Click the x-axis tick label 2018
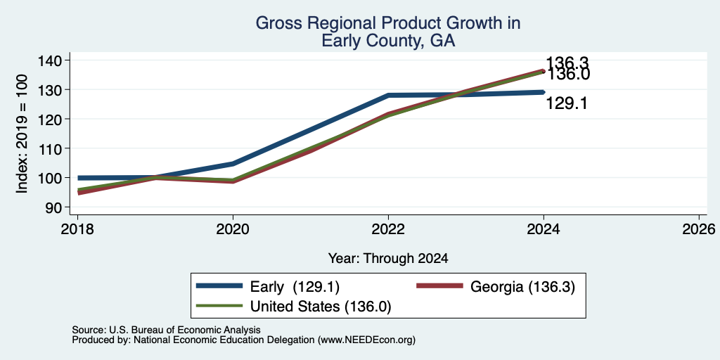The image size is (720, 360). click(77, 229)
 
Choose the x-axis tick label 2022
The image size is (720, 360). click(388, 229)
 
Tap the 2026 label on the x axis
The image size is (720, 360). click(699, 229)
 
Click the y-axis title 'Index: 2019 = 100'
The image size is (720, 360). click(22, 134)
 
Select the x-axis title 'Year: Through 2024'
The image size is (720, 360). click(388, 259)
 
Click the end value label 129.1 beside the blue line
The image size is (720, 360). click(567, 104)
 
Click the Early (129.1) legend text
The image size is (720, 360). click(295, 287)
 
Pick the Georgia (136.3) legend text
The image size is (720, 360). click(522, 287)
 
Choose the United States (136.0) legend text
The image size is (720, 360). click(321, 307)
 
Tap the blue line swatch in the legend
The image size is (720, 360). click(219, 286)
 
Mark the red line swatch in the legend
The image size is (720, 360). click(439, 286)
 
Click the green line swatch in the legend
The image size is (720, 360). click(219, 305)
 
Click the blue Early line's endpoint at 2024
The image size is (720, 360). click(544, 92)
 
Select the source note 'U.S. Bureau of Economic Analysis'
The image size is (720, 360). click(185, 330)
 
